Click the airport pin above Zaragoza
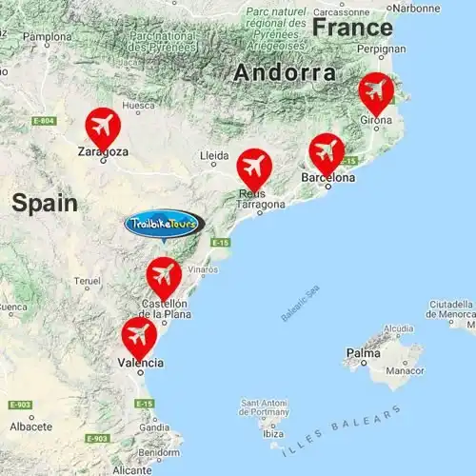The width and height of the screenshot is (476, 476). click(102, 126)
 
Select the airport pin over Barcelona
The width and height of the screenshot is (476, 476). click(327, 151)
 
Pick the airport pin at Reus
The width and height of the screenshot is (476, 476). click(254, 168)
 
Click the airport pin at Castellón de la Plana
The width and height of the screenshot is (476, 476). click(164, 275)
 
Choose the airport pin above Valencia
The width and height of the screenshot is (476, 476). click(139, 335)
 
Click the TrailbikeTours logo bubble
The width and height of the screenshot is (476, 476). click(164, 224)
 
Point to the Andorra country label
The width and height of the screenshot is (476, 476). click(285, 72)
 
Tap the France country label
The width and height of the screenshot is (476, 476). click(352, 27)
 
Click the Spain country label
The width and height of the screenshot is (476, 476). click(44, 201)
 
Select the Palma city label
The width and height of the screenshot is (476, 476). click(363, 353)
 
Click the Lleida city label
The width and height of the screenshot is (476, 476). click(214, 154)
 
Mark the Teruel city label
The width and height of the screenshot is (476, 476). click(88, 281)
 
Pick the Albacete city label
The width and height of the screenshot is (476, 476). click(30, 426)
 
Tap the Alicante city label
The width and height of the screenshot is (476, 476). click(131, 470)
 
